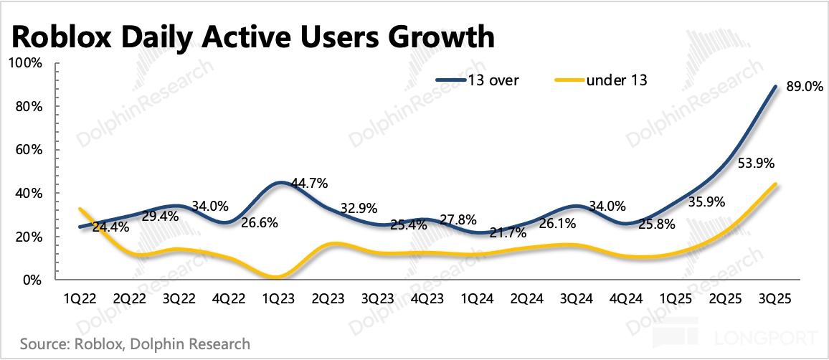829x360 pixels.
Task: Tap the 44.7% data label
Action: [310, 184]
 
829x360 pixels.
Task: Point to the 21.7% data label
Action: [508, 232]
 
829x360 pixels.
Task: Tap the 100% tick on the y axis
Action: [27, 63]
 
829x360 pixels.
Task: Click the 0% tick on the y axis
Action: [32, 280]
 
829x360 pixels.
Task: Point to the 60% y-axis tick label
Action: [29, 150]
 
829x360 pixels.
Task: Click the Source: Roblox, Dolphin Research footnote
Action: [136, 344]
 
